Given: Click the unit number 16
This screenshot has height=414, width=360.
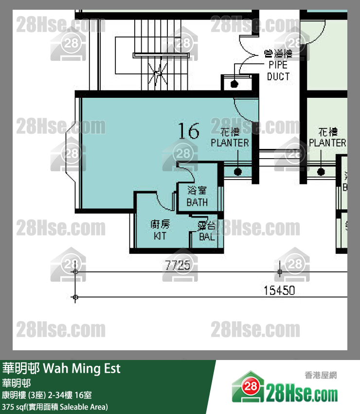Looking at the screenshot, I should click(x=188, y=131).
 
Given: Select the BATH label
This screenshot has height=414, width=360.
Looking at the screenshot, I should click(x=197, y=197).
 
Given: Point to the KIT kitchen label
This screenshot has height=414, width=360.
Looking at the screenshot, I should click(x=160, y=230).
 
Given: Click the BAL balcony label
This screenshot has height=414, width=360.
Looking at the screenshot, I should click(x=207, y=232).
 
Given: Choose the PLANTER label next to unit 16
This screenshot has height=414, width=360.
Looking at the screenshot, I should click(x=230, y=138).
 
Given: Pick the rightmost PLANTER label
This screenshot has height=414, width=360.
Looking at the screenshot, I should click(x=327, y=138).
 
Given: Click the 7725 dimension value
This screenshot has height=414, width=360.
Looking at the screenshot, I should click(x=178, y=266).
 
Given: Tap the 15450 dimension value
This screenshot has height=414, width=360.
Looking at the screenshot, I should click(x=279, y=291).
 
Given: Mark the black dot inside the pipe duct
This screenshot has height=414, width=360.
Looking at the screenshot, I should click(x=234, y=84).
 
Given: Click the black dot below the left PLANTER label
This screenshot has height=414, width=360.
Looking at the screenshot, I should click(x=238, y=171).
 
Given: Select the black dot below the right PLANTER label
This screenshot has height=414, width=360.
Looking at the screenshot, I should click(x=321, y=171).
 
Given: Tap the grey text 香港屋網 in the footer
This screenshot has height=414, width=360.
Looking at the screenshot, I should click(x=321, y=375).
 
